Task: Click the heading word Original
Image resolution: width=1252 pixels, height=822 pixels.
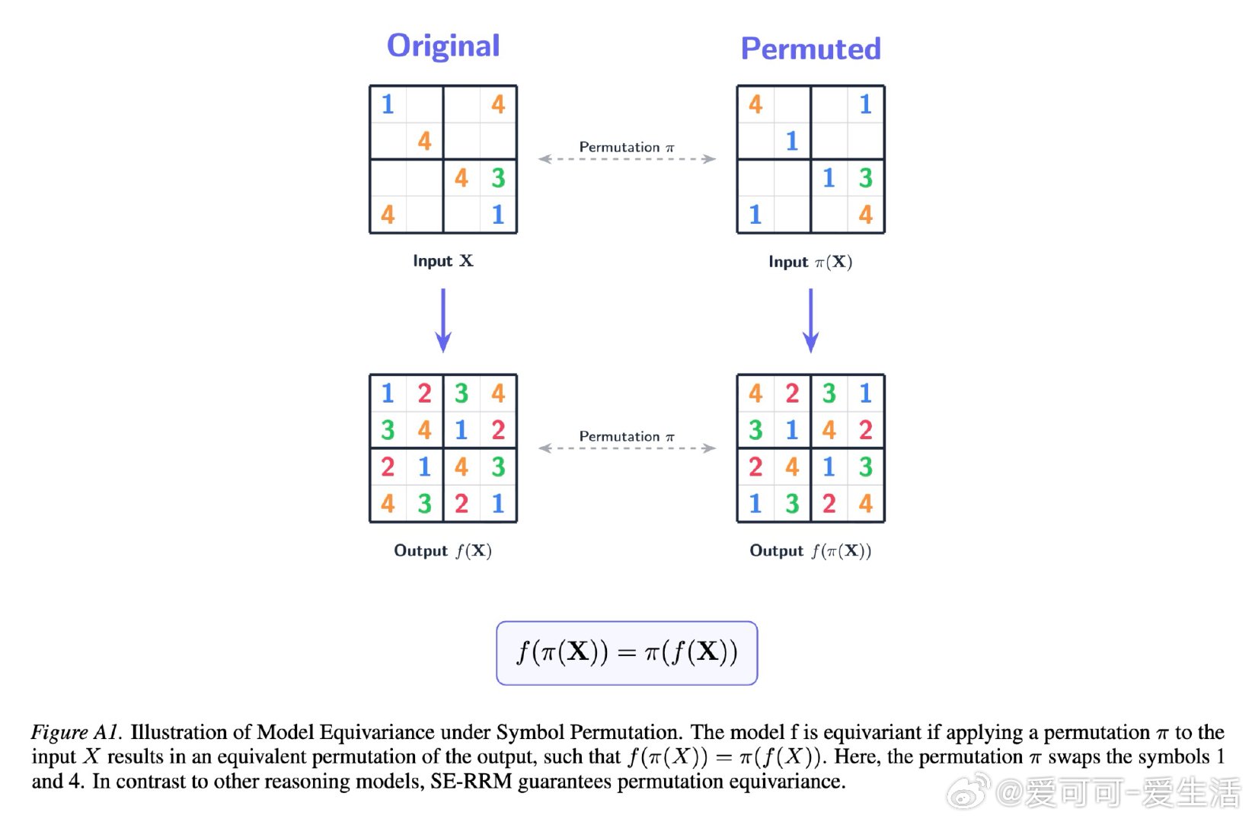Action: pyautogui.click(x=443, y=46)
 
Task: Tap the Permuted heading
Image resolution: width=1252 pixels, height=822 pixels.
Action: pyautogui.click(x=810, y=49)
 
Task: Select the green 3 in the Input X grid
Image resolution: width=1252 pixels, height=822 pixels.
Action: pyautogui.click(x=498, y=178)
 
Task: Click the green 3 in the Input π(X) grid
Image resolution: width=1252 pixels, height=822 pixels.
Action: pyautogui.click(x=866, y=178)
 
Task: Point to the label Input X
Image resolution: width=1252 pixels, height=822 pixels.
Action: pyautogui.click(x=443, y=261)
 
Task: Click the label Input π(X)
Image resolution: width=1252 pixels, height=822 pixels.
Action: pyautogui.click(x=810, y=262)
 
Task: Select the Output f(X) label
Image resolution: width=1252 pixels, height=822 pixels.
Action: pyautogui.click(x=442, y=551)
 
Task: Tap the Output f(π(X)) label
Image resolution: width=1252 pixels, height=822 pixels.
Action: pyautogui.click(x=810, y=551)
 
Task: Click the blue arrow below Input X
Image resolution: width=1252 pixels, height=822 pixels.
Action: pyautogui.click(x=443, y=320)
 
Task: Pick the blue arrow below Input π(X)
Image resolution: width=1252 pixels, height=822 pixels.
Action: pyautogui.click(x=811, y=320)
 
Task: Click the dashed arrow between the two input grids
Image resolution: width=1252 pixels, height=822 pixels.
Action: pyautogui.click(x=627, y=160)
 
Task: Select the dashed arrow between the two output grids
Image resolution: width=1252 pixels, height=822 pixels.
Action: pyautogui.click(x=627, y=448)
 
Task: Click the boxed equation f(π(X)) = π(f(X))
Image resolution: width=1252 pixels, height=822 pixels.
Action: pyautogui.click(x=627, y=653)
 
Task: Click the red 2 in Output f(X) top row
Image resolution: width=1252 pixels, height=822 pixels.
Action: pyautogui.click(x=424, y=393)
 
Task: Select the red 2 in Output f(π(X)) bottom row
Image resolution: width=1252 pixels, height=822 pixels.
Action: pyautogui.click(x=829, y=503)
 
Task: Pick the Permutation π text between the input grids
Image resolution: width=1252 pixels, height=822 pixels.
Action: pyautogui.click(x=627, y=147)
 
